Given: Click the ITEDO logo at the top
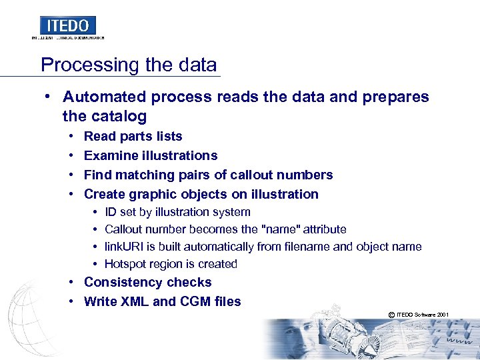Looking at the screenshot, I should (68, 26).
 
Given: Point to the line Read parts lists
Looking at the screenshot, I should (133, 136).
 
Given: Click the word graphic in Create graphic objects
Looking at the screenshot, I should (159, 194).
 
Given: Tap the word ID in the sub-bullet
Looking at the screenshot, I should (111, 212).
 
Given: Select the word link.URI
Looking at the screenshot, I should (124, 247).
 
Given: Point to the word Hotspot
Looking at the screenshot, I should (126, 264).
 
